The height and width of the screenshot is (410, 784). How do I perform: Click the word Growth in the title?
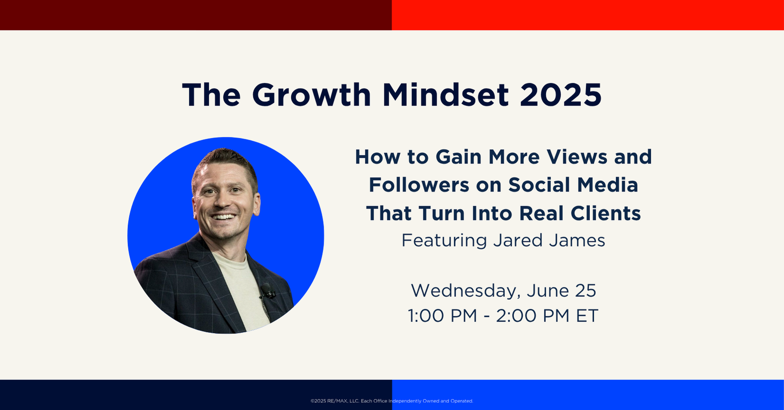tap(312, 95)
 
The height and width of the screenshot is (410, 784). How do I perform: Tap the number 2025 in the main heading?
tap(561, 95)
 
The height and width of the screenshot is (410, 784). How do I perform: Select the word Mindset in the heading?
tap(446, 95)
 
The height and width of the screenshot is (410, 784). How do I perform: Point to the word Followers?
tap(419, 185)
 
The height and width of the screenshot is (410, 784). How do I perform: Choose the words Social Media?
tap(574, 185)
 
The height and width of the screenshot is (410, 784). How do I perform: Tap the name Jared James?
tap(549, 241)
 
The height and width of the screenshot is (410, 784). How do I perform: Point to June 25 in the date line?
tap(562, 291)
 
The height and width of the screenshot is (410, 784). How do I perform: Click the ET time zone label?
tap(587, 315)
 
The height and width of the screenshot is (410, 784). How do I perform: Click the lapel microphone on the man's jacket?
tap(267, 291)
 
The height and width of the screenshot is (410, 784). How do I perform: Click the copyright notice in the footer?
tap(392, 401)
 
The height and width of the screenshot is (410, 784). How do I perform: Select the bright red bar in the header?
tap(588, 15)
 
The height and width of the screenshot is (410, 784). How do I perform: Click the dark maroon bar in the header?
tap(196, 15)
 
